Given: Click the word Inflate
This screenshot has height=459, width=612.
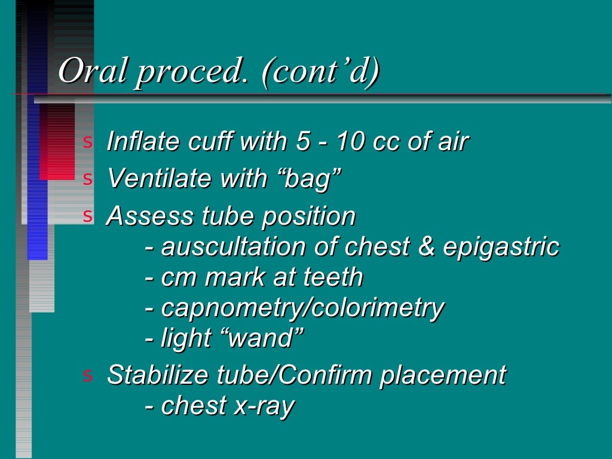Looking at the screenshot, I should click(134, 142).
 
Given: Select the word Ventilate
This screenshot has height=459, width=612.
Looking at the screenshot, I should click(146, 178).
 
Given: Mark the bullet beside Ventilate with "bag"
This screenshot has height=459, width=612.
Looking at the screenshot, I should click(88, 179).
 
